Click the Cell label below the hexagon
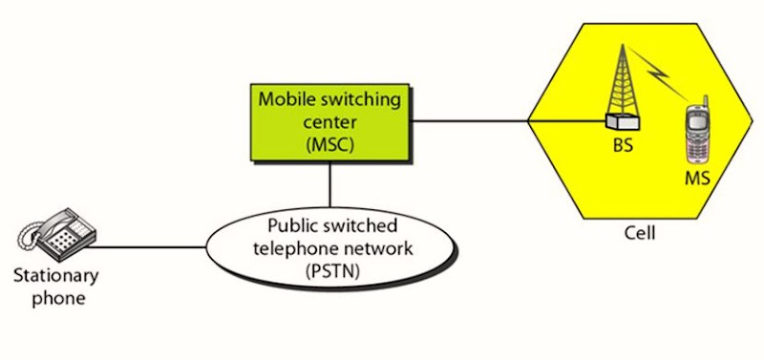tap(634, 233)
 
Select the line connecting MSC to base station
tap(473, 121)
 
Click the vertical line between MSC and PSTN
tap(330, 183)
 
